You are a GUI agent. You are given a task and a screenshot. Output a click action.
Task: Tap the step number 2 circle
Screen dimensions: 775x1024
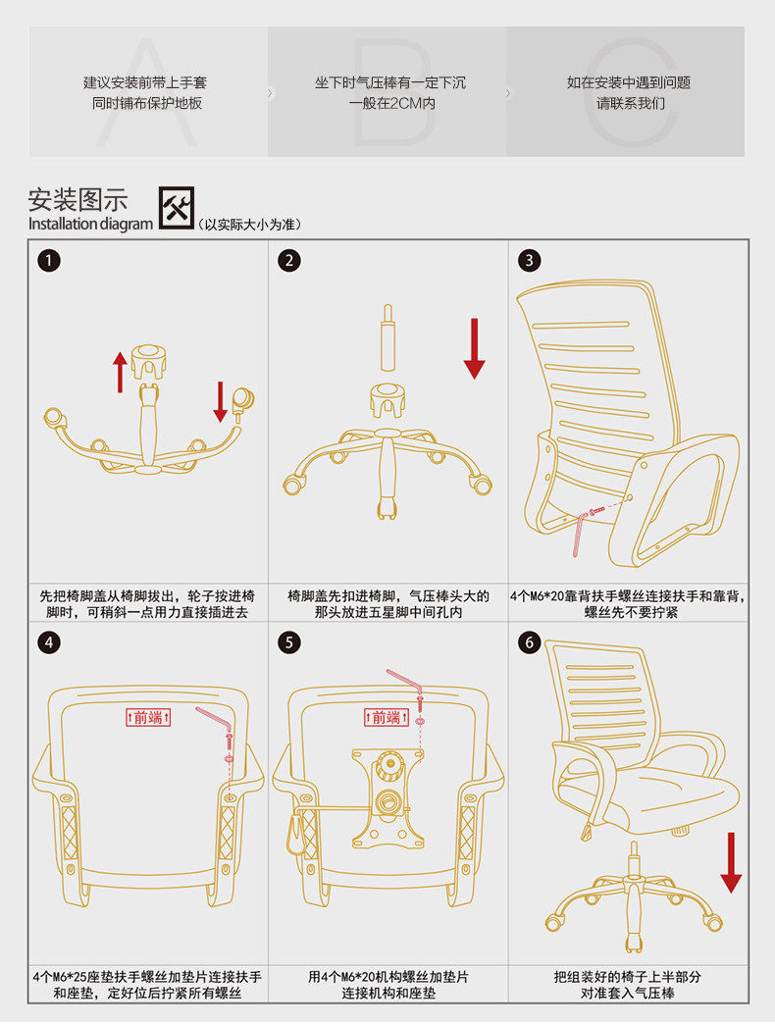click(288, 260)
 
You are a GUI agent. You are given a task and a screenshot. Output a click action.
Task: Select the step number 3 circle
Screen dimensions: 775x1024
click(530, 260)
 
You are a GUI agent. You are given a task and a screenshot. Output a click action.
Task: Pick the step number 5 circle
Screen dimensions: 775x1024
click(288, 642)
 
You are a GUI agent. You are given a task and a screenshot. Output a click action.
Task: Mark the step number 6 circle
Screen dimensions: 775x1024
click(530, 642)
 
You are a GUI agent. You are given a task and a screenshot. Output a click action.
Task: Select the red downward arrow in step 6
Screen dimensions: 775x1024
click(731, 862)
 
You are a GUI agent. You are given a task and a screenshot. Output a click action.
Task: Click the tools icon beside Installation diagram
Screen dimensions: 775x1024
click(177, 207)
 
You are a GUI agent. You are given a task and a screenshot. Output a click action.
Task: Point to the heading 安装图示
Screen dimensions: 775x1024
click(78, 200)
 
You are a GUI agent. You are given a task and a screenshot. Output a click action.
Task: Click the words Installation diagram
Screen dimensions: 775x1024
click(90, 224)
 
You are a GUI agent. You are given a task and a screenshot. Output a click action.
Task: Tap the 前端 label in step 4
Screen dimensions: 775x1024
click(148, 717)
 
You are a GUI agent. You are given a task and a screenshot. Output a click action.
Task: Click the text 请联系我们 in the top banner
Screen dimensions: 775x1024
click(629, 103)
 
